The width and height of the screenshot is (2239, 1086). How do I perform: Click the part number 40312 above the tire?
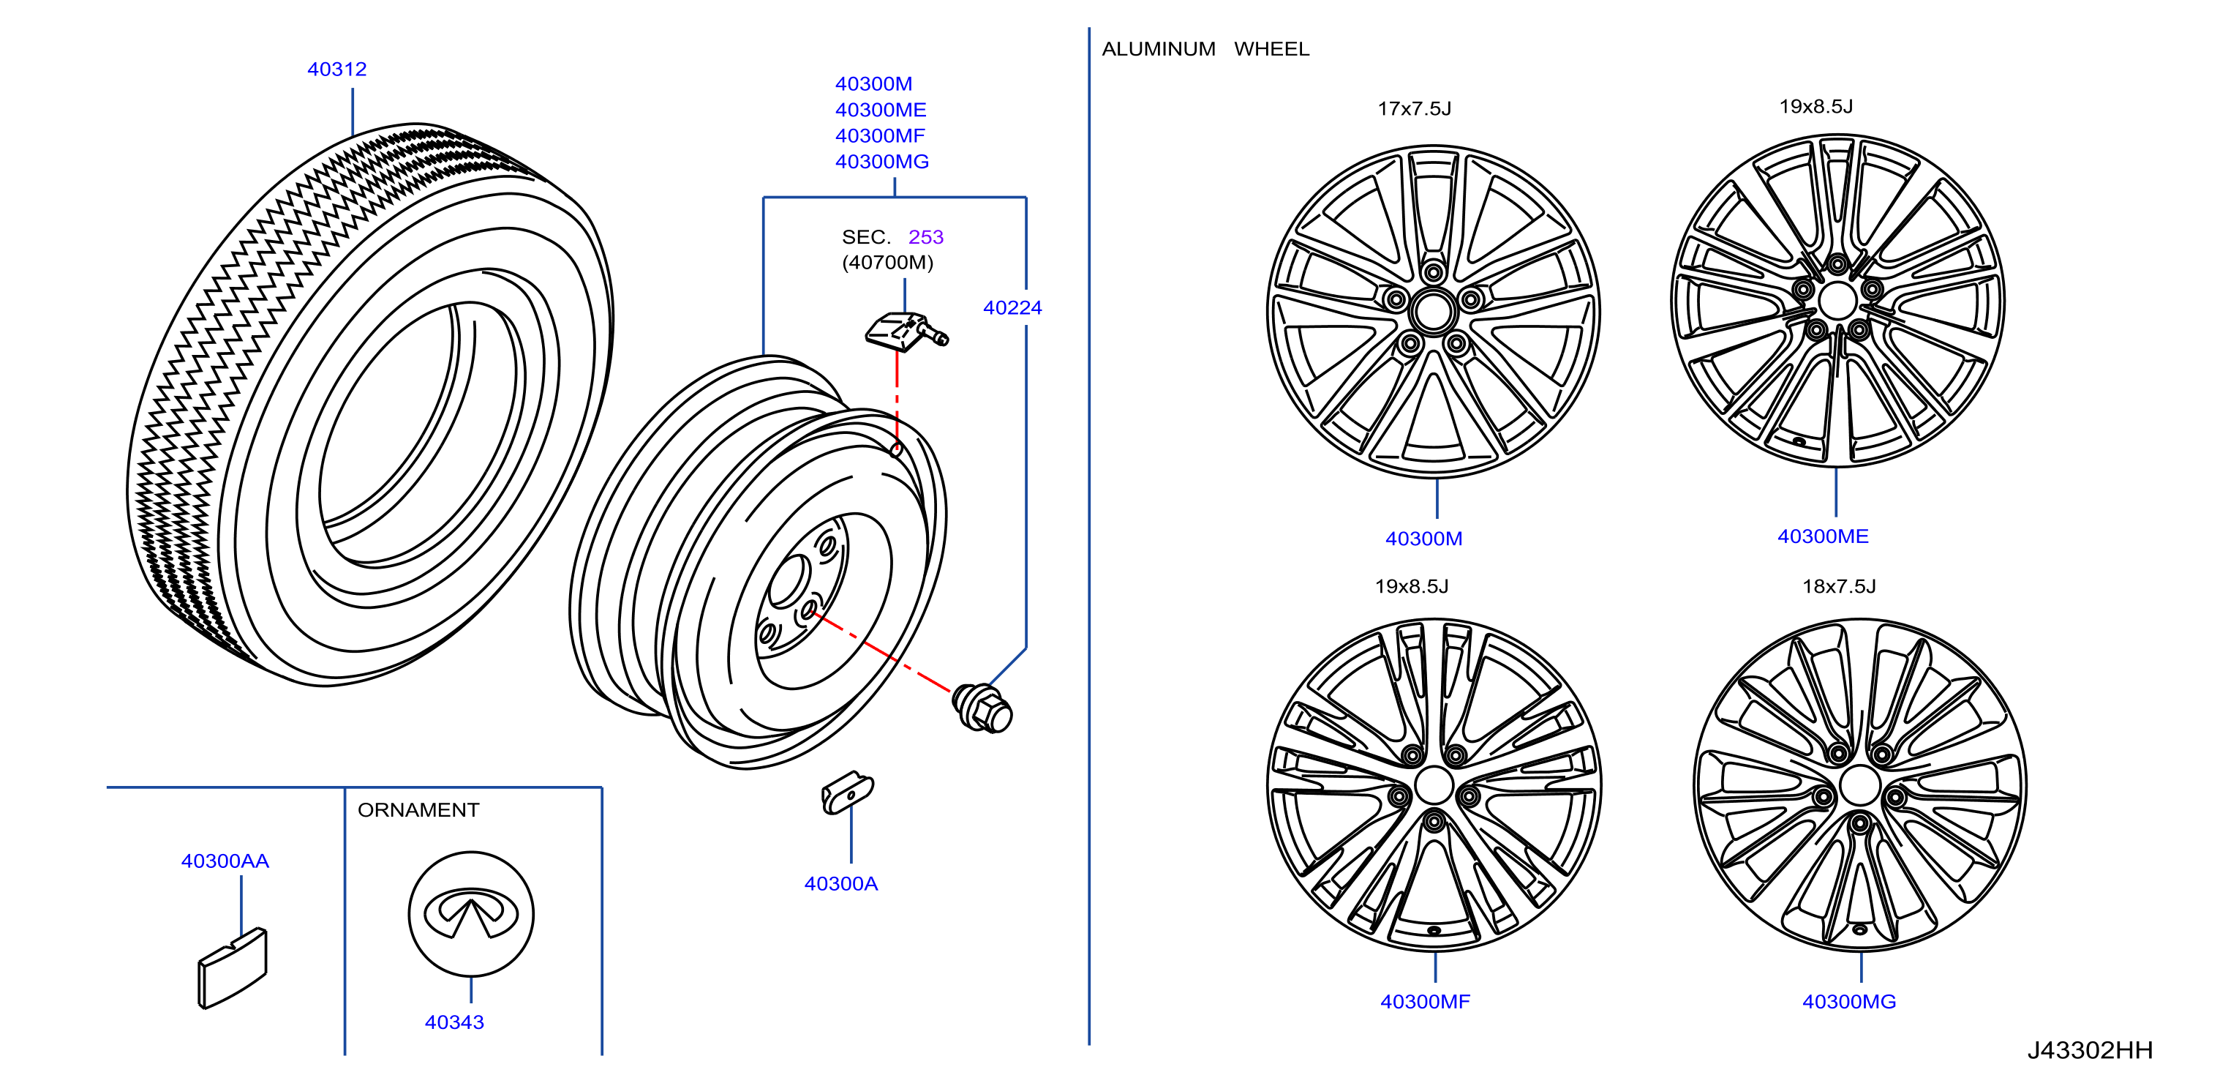point(336,70)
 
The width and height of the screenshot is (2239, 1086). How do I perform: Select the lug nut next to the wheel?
point(982,708)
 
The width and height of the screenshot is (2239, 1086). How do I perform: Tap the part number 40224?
point(1012,308)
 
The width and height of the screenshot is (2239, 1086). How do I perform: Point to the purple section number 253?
point(926,237)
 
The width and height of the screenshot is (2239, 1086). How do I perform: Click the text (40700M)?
point(887,263)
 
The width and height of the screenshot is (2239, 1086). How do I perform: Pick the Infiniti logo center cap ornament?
point(471,914)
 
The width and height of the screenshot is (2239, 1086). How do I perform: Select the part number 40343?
point(454,1022)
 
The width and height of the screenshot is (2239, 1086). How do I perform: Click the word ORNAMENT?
point(418,810)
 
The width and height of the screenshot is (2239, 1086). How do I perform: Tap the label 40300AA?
point(225,861)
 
